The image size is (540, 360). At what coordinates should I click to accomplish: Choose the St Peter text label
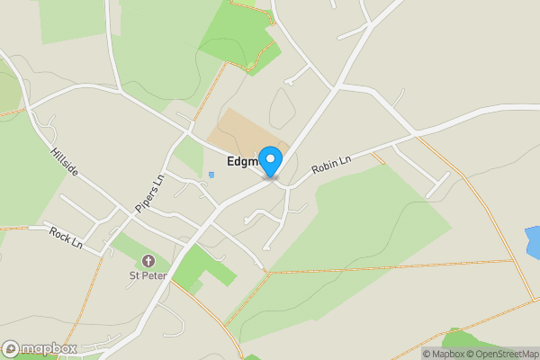coord(148,274)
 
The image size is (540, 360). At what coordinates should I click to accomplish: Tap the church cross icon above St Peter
coord(148,260)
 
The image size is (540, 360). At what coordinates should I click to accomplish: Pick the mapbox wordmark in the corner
coord(49,348)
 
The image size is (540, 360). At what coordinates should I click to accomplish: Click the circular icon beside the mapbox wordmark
coord(11,348)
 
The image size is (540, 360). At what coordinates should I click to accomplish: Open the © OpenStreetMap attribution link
coord(502,354)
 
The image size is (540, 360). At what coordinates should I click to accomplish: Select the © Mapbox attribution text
coord(443,354)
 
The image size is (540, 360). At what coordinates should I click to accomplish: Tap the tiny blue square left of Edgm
coord(211,175)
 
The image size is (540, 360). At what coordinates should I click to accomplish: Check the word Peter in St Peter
coord(156,274)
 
